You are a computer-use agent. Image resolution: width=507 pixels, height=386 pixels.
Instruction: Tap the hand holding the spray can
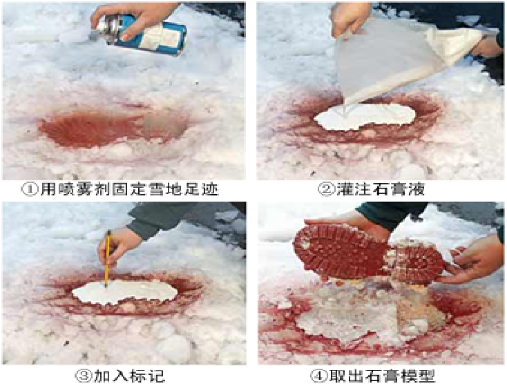[136, 20]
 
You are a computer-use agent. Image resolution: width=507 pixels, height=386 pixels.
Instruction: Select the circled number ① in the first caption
[30, 189]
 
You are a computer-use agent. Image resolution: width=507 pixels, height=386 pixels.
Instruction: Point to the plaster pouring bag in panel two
[404, 58]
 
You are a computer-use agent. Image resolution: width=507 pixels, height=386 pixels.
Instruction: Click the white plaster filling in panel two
[365, 116]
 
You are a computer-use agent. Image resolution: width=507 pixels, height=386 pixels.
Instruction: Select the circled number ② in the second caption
[325, 189]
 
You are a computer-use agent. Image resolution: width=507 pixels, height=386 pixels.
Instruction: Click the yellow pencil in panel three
[107, 259]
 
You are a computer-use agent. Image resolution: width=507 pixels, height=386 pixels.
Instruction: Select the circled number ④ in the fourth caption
[318, 376]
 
